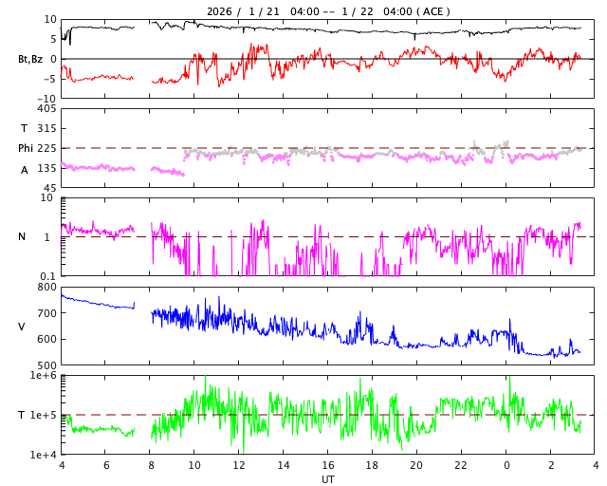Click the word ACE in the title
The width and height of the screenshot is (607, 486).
(432, 11)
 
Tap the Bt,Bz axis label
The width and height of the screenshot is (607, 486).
(29, 59)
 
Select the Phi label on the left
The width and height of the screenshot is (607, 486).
(26, 148)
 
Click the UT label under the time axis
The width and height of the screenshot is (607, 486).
(328, 479)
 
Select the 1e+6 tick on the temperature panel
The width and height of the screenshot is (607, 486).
(43, 376)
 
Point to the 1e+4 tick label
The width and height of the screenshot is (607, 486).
(43, 455)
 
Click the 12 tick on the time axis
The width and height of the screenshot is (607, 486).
(239, 466)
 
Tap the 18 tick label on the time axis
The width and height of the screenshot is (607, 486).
(373, 466)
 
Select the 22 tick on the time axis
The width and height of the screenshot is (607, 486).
(462, 466)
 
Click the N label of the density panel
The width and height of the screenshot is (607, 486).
(22, 237)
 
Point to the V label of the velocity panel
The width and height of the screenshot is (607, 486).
(22, 327)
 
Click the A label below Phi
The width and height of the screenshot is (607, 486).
(25, 170)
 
